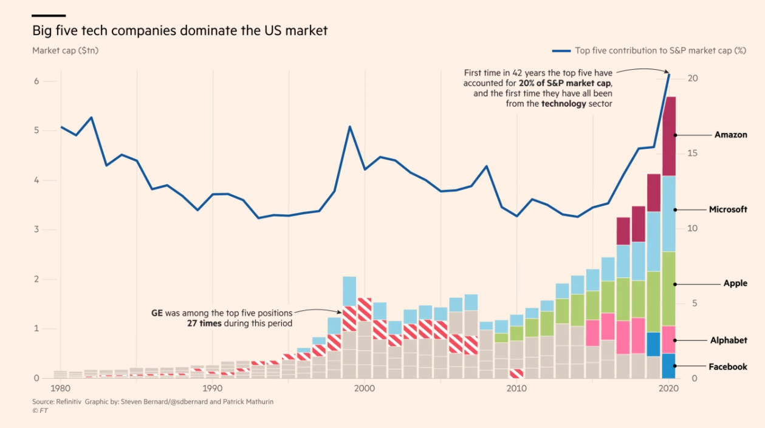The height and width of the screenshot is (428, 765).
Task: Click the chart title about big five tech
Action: (x=180, y=30)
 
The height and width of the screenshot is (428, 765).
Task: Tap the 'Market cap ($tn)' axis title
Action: (x=65, y=50)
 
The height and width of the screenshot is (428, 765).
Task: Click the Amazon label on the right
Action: (x=730, y=135)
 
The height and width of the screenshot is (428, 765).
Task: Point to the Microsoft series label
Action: (x=728, y=209)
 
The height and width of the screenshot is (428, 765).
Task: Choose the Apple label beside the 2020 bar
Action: (x=735, y=284)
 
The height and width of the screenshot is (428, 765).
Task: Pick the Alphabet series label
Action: (x=729, y=341)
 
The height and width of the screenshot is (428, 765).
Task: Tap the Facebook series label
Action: (x=728, y=367)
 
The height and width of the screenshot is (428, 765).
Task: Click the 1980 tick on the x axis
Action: (x=60, y=389)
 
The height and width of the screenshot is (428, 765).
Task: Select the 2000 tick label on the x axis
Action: (x=363, y=389)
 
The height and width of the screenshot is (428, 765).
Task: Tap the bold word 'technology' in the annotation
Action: (x=563, y=104)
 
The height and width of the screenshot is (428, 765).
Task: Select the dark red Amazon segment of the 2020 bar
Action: (x=668, y=137)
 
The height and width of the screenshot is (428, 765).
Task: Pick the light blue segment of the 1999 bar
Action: (x=349, y=291)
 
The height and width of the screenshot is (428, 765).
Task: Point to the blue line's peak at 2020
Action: (x=669, y=74)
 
